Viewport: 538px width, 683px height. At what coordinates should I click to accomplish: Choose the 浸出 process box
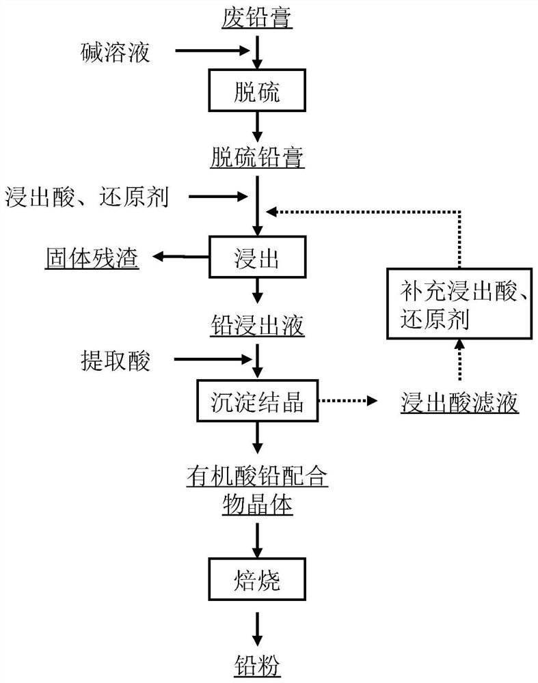pyautogui.click(x=257, y=257)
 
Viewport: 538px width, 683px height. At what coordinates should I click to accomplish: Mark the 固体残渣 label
pyautogui.click(x=93, y=258)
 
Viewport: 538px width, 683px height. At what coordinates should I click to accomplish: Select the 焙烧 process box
pyautogui.click(x=257, y=582)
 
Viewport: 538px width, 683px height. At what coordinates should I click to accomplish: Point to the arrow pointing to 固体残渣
pyautogui.click(x=180, y=257)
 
